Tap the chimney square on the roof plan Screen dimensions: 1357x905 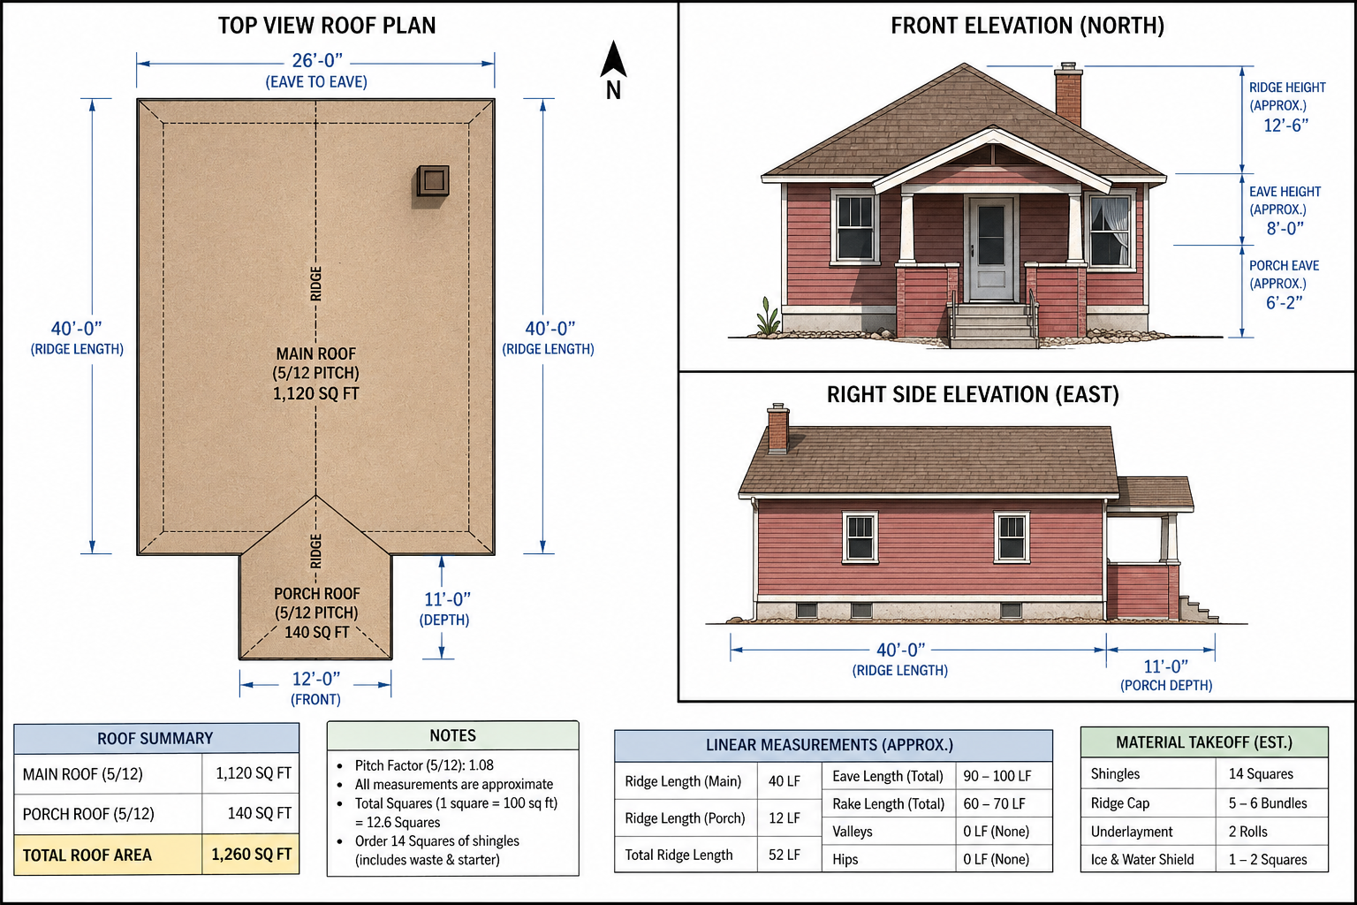[433, 180]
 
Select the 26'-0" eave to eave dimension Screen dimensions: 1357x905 [317, 61]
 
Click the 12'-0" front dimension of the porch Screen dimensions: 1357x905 [316, 679]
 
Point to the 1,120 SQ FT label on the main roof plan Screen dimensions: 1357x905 [315, 394]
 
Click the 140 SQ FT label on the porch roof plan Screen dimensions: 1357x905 [317, 632]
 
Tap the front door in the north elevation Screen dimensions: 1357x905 [991, 248]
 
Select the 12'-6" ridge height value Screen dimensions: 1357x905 [1285, 125]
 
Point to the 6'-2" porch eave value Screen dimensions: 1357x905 [1284, 302]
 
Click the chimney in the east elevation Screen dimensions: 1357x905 [778, 429]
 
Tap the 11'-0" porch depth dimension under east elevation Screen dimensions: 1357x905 [1166, 666]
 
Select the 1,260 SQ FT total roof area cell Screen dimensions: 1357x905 [251, 855]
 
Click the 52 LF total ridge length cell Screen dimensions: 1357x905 [785, 855]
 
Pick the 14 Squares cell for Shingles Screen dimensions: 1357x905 [1261, 774]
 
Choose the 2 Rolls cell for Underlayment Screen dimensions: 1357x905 [1248, 832]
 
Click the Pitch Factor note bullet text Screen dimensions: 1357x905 [424, 765]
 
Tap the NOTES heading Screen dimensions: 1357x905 [452, 736]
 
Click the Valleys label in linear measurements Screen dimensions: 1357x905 [853, 832]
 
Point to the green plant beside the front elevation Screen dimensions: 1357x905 [768, 316]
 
